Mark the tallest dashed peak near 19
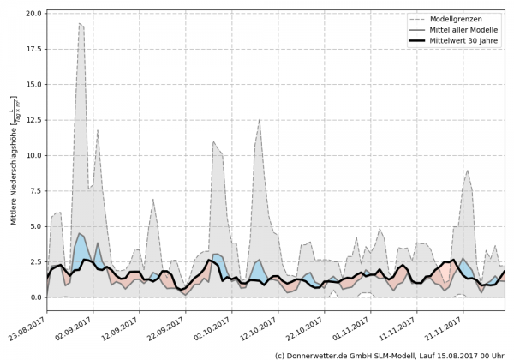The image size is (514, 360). point(80,23)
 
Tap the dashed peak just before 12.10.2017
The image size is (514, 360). point(260,119)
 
